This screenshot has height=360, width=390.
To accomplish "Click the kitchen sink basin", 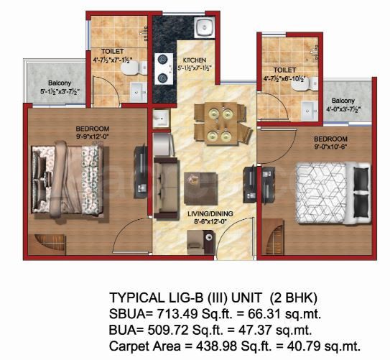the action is pos(205,28).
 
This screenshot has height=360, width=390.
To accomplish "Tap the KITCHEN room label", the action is pos(195,60).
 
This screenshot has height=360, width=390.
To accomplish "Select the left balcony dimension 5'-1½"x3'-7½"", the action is pos(60,92).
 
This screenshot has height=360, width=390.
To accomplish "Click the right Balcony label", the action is pos(343,101).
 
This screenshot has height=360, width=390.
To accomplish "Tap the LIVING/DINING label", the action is pos(210,213).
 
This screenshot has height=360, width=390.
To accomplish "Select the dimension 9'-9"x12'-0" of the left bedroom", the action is pos(93,136).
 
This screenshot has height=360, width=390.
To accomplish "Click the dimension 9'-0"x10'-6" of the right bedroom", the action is pos(331,147).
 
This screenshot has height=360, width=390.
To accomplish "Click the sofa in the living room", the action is pos(166,188).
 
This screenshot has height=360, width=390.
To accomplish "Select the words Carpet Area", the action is pos(145,346).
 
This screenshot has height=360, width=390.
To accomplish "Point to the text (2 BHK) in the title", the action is pos(294,297).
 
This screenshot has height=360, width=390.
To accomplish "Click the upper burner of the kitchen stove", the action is pos(162,60).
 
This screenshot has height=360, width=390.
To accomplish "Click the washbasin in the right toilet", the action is pos(309,111).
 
